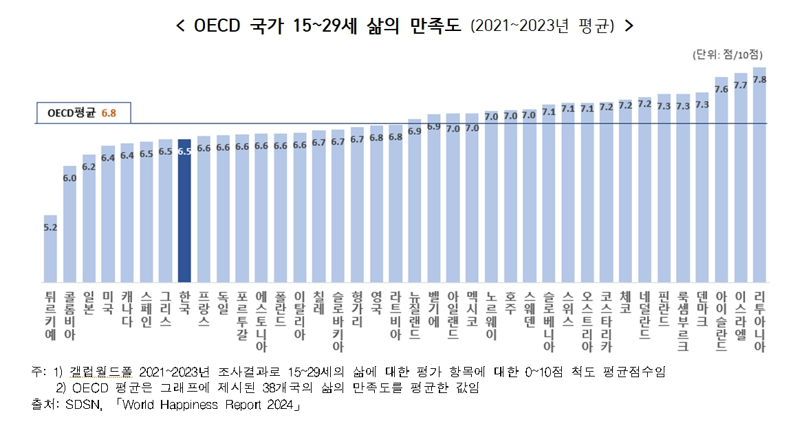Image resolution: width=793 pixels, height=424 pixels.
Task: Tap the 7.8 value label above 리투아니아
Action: [x=759, y=79]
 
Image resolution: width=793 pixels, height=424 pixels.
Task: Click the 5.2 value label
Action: [x=50, y=226]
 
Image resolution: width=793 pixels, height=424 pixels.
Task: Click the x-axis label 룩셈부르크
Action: [x=682, y=320]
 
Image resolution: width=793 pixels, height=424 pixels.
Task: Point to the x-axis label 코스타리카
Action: [x=606, y=320]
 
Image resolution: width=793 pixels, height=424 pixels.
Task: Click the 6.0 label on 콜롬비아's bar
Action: [x=69, y=178]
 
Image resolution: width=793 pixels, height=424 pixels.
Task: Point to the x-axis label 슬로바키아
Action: [x=338, y=320]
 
